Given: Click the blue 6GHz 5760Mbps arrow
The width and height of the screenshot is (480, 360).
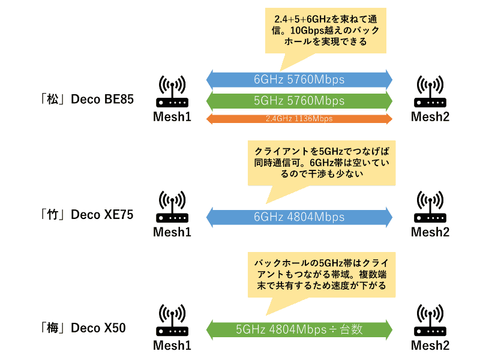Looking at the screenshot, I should click(x=299, y=79).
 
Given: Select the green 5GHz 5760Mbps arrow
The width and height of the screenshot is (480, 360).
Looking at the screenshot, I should click(x=299, y=100).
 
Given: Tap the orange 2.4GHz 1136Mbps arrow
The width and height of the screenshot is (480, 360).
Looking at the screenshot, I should click(x=299, y=119).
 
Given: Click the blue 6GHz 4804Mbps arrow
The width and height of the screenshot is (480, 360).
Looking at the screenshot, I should click(x=299, y=216).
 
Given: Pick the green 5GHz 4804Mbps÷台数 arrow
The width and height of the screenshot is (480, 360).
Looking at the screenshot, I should click(x=299, y=329).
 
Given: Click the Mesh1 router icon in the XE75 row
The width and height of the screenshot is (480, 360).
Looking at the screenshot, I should click(x=172, y=206).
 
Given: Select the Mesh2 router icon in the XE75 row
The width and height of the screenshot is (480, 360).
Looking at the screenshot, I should click(x=430, y=206).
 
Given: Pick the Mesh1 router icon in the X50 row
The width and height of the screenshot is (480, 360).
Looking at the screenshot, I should click(x=172, y=320).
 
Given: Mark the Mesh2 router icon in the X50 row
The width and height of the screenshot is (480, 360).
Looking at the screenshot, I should click(x=430, y=320).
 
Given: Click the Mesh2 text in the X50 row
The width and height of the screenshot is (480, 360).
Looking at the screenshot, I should click(x=430, y=346).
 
